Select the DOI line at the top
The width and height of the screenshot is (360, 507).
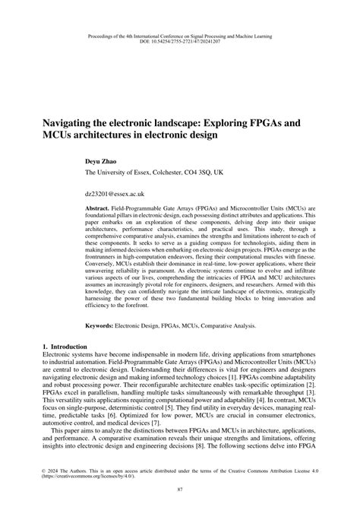(x=179, y=21)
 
